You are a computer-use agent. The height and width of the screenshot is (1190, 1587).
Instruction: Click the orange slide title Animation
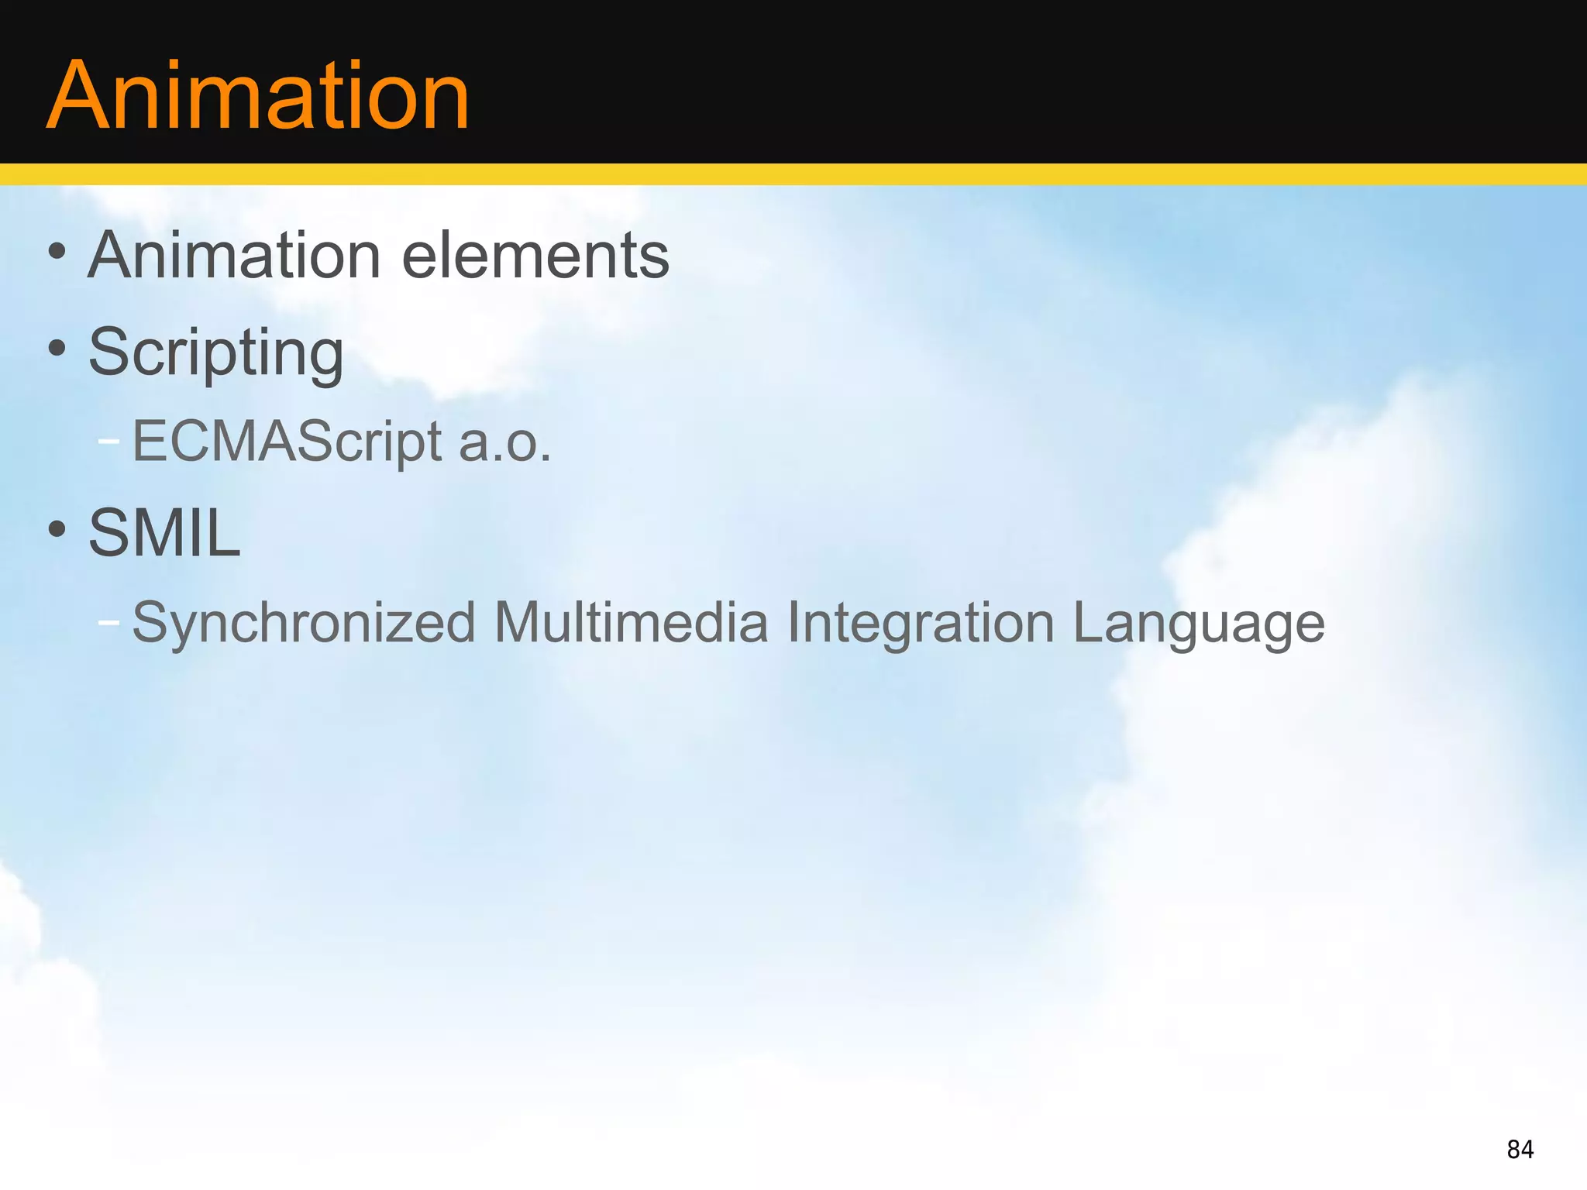click(x=258, y=97)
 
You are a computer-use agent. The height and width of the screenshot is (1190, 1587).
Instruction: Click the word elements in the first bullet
click(x=535, y=256)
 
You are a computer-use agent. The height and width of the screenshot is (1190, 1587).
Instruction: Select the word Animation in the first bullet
click(x=234, y=256)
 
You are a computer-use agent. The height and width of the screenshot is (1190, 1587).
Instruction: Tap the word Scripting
click(x=215, y=353)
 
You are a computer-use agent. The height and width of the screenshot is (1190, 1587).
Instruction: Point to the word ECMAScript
click(x=287, y=442)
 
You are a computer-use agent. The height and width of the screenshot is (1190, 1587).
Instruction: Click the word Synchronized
click(x=303, y=623)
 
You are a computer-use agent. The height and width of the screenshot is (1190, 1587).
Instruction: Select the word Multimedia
click(x=631, y=623)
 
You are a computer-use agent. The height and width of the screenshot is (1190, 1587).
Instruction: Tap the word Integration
click(x=921, y=623)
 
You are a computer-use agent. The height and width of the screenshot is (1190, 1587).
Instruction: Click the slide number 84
click(x=1520, y=1150)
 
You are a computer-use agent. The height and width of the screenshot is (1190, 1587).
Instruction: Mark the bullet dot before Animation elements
click(x=57, y=251)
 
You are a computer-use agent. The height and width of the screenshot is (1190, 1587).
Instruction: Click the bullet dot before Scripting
click(x=57, y=348)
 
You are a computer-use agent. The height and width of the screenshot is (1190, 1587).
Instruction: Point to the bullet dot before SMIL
click(x=57, y=529)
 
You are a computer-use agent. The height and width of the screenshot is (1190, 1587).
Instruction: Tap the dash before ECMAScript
click(x=109, y=441)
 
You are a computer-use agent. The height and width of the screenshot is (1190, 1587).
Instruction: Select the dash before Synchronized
click(x=109, y=621)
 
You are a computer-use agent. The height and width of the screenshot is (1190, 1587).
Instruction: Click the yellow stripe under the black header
click(x=793, y=174)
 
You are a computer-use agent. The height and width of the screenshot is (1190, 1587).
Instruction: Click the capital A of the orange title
click(x=75, y=97)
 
